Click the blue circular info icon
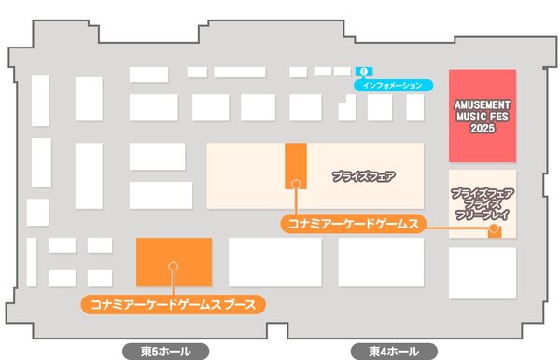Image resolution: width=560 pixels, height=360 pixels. tap(364, 69)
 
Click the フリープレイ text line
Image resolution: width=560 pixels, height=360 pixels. tap(482, 214)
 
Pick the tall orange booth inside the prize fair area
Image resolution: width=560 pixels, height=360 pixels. tap(296, 166)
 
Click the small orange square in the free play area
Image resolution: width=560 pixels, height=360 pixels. tap(494, 230)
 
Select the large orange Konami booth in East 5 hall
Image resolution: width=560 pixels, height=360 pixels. tap(174, 262)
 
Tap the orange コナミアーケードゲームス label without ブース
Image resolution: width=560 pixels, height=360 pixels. tap(353, 224)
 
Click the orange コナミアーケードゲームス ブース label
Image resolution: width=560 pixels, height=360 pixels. tap(174, 303)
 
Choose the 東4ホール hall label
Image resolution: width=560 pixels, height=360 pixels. tap(395, 352)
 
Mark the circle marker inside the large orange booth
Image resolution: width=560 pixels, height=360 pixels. tap(173, 267)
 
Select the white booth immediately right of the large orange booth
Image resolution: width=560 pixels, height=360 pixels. tap(274, 262)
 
